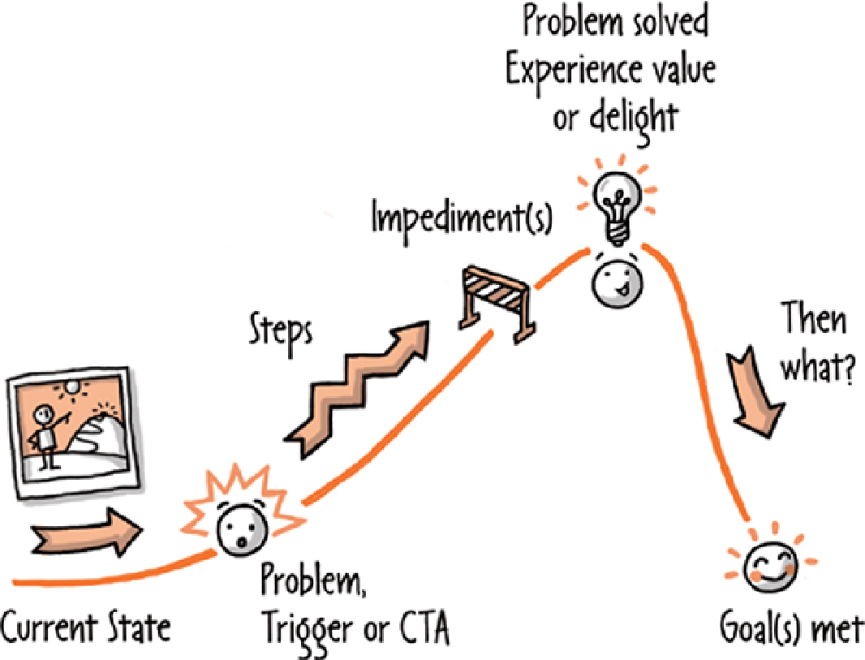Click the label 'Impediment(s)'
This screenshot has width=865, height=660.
point(461,218)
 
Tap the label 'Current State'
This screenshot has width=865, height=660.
point(86,628)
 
